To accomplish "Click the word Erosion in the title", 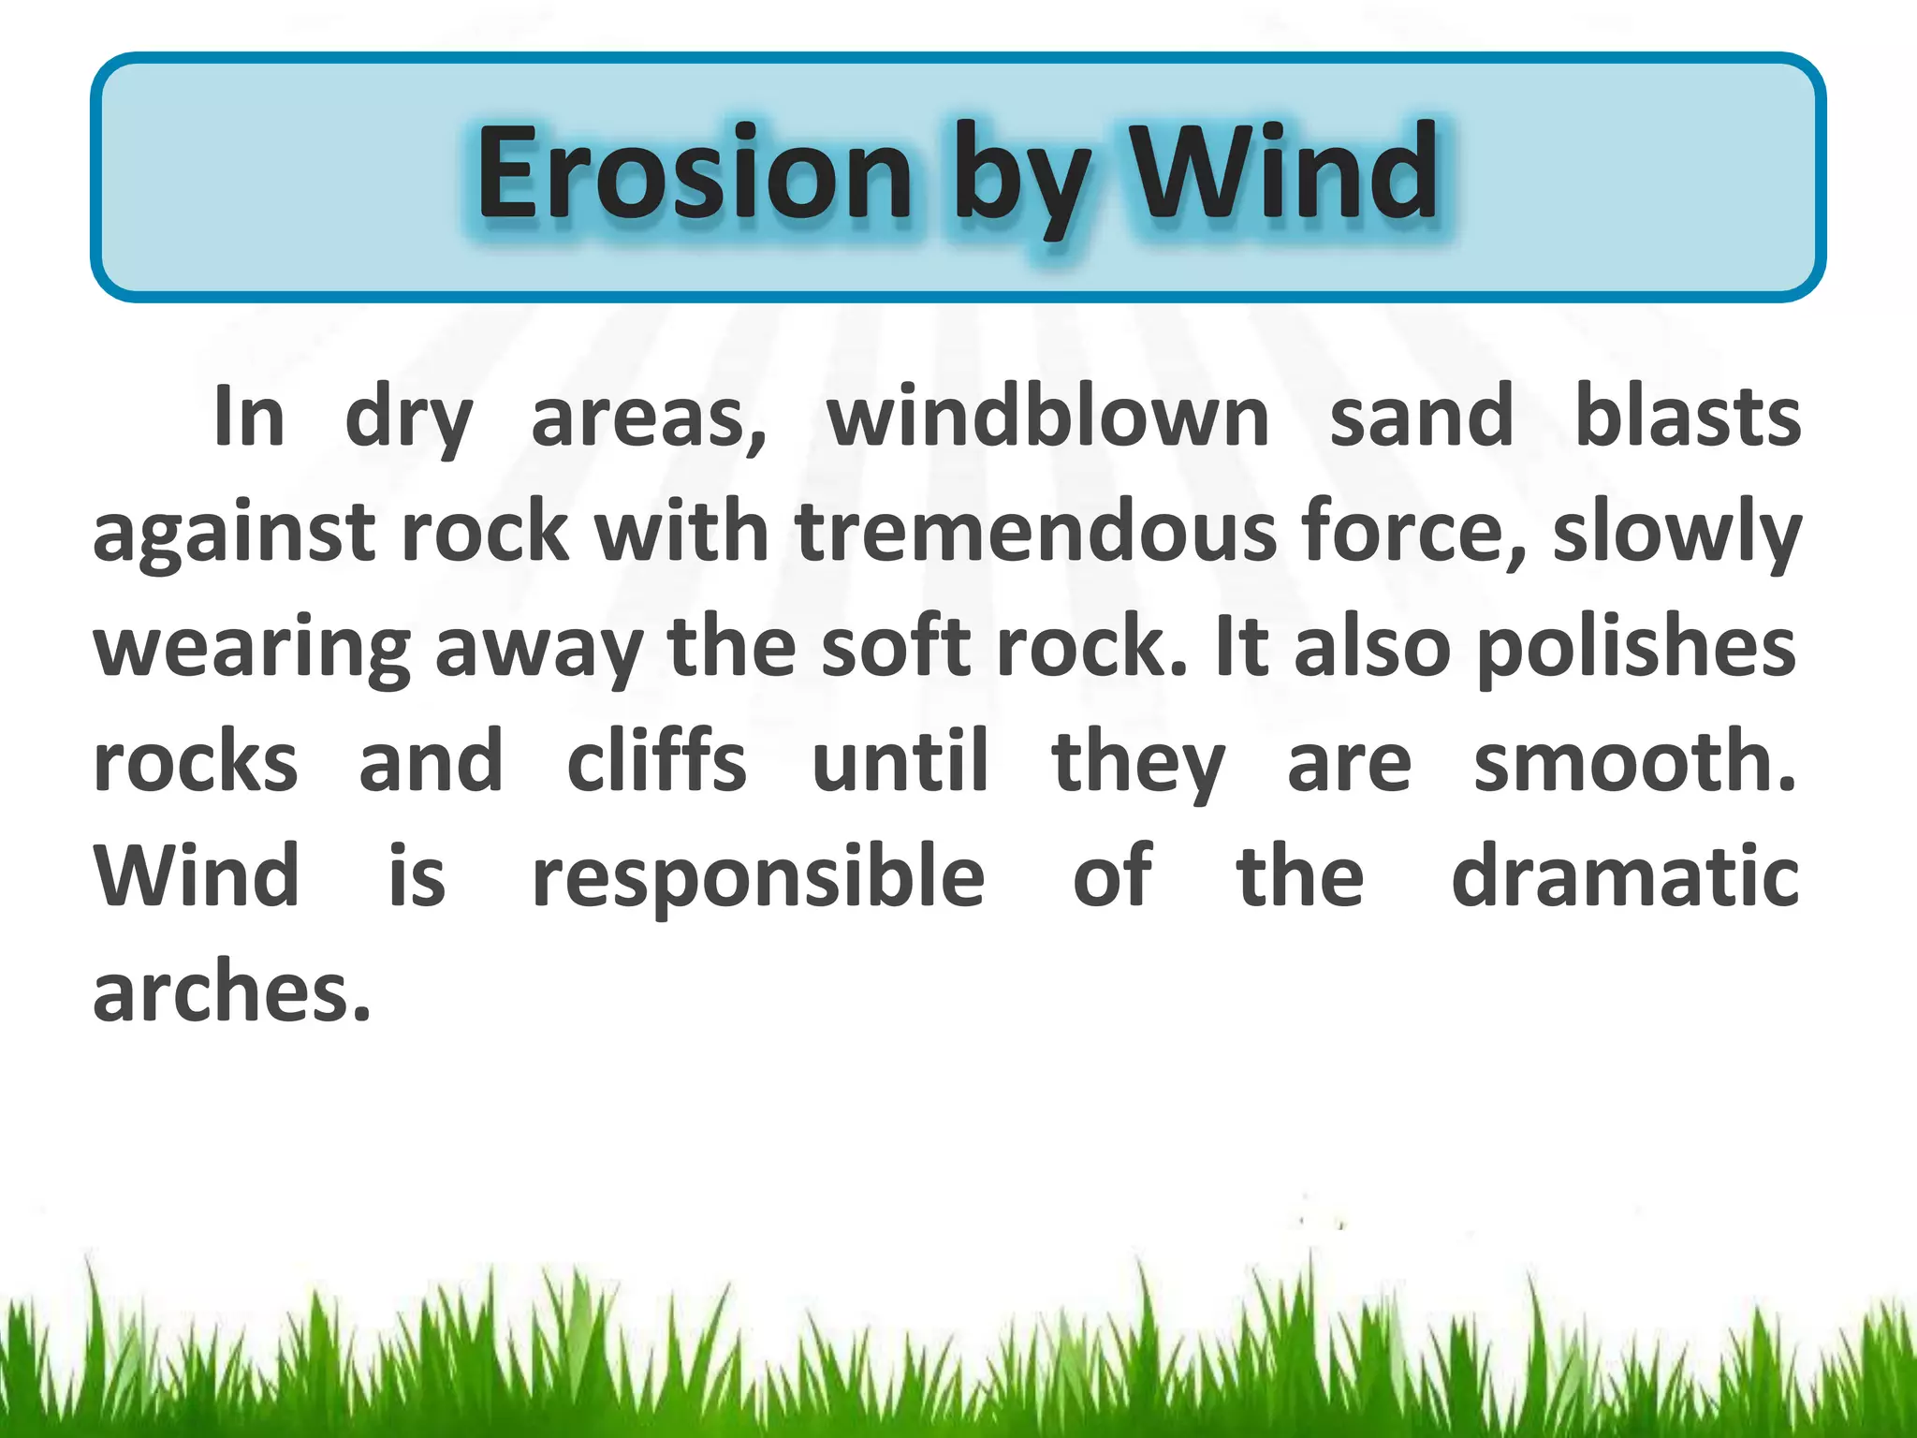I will coord(694,174).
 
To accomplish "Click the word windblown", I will coord(1047,418).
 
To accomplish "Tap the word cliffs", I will coord(656,762).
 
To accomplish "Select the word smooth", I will coord(1633,762).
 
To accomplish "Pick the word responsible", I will coord(758,878).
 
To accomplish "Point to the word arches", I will coord(231,992).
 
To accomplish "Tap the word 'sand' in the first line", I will coord(1421,418).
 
